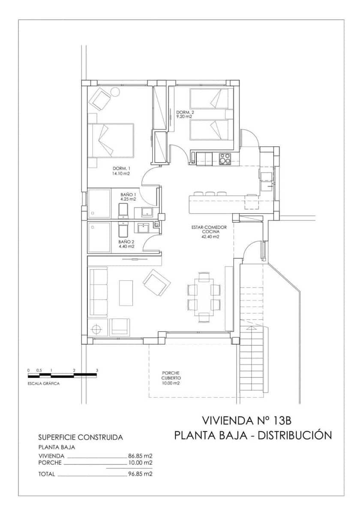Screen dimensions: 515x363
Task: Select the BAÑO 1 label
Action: click(x=128, y=194)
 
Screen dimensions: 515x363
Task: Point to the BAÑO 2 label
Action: click(x=126, y=242)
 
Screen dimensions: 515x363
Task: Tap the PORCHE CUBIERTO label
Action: click(x=171, y=376)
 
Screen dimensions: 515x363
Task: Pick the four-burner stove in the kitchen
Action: click(x=225, y=158)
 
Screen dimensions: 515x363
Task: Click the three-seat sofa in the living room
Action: click(x=98, y=292)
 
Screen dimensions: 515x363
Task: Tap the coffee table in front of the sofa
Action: click(x=126, y=293)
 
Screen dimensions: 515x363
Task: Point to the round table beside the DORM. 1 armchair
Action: click(x=115, y=91)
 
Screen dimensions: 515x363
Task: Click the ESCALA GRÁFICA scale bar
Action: click(x=62, y=376)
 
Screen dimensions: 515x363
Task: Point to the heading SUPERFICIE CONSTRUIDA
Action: click(x=81, y=437)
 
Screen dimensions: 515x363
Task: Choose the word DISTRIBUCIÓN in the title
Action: click(x=296, y=435)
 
